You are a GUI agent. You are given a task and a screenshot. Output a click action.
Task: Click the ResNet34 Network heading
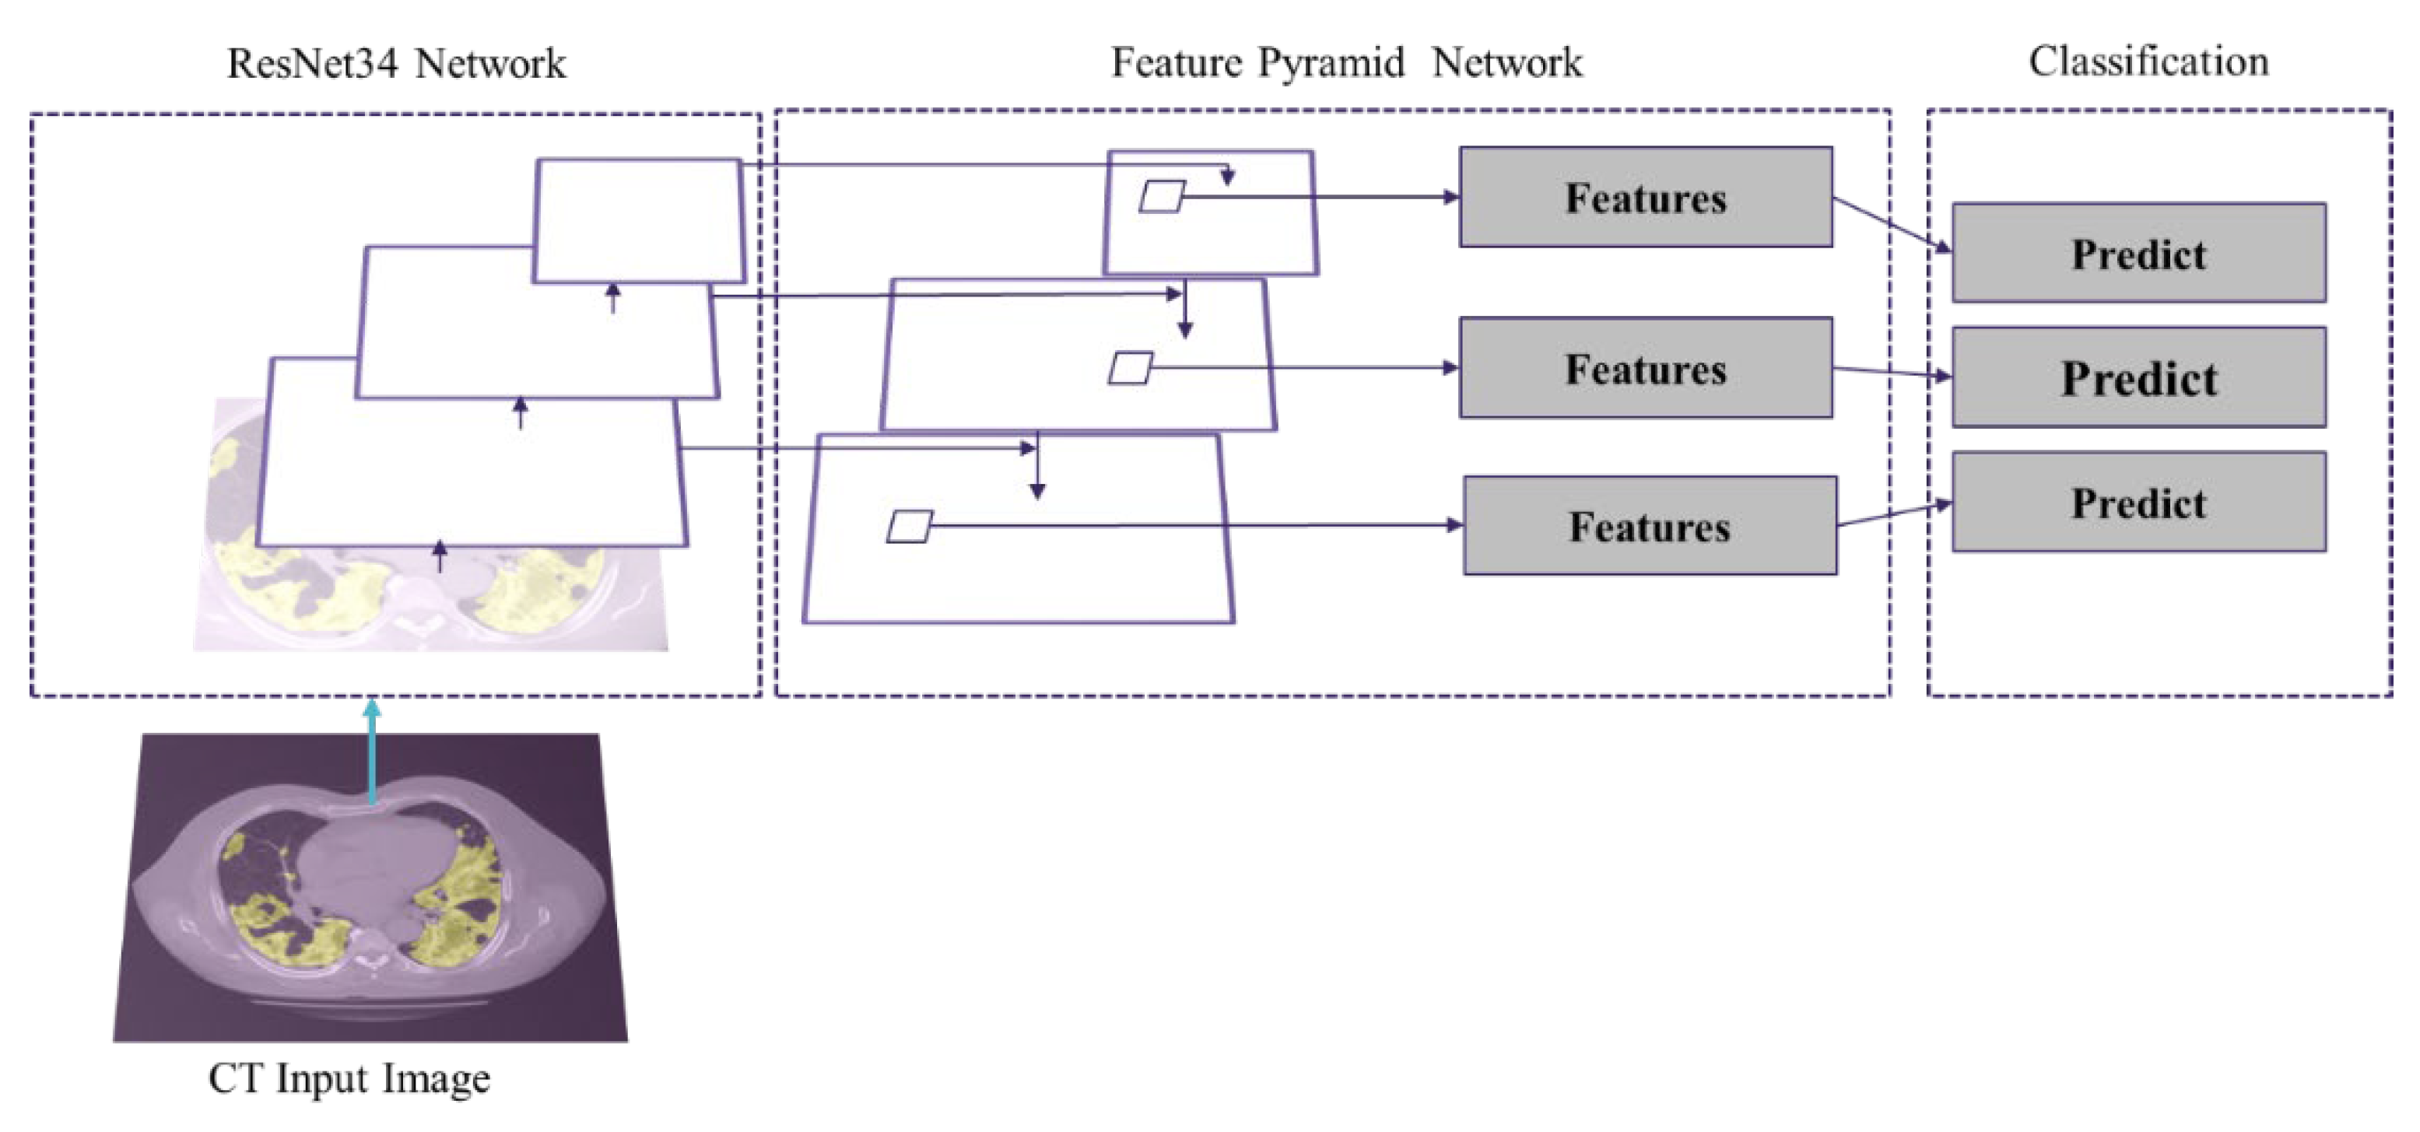[x=395, y=64]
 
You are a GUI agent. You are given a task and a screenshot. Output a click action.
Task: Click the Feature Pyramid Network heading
[x=1345, y=63]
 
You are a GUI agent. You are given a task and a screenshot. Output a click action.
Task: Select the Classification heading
[x=2148, y=62]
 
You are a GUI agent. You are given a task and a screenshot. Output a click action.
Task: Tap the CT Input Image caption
[x=349, y=1078]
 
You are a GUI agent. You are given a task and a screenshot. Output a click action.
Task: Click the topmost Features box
[x=1645, y=198]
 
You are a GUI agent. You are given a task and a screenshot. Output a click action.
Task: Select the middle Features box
[x=1645, y=368]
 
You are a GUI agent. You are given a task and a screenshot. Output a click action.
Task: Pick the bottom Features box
[x=1650, y=526]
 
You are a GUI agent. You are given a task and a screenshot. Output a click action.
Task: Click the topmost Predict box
[x=2138, y=254]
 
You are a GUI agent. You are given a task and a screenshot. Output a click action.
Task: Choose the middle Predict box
[x=2138, y=377]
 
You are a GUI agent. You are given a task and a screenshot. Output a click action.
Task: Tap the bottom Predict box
[x=2138, y=503]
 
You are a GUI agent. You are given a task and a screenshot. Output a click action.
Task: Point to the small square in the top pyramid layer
[x=1162, y=196]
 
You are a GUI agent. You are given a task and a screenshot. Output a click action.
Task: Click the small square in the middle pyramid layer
[x=1130, y=367]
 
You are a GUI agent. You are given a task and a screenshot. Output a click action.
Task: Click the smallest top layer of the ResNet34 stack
[x=639, y=220]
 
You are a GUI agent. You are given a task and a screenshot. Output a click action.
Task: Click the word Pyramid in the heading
[x=1331, y=63]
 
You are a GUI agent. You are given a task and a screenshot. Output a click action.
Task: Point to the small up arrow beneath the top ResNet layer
[x=612, y=298]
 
